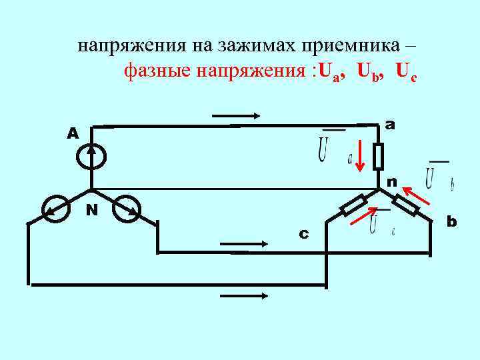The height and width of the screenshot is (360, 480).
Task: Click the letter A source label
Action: point(73,134)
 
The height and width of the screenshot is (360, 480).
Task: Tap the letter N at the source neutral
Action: point(92,210)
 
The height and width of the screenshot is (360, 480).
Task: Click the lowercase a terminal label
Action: point(390,125)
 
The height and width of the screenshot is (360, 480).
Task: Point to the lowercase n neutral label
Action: point(391,181)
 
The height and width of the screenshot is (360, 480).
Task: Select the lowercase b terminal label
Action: point(451,221)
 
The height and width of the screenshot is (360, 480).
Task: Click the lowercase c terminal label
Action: point(303,234)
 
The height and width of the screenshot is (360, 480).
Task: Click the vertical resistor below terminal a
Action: point(377,157)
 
